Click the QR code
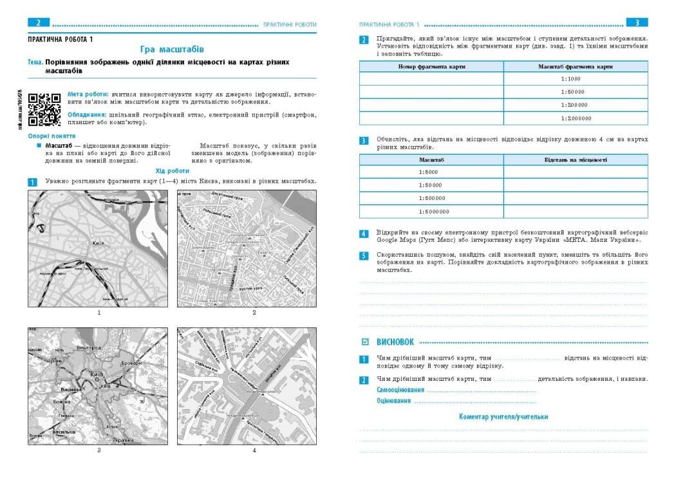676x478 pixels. click(45, 109)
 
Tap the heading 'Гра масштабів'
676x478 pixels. click(172, 49)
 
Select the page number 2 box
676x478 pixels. click(39, 23)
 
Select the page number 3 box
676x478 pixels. click(637, 23)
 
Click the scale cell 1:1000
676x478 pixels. click(576, 78)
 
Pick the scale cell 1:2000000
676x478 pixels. click(576, 118)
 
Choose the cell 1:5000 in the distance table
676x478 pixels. click(431, 172)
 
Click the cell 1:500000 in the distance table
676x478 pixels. click(431, 198)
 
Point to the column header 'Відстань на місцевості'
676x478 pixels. click(576, 159)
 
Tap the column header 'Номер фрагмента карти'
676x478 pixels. click(431, 66)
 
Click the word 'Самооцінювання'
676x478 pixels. click(400, 390)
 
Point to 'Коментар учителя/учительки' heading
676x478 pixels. click(503, 417)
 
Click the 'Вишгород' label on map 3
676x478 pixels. click(89, 347)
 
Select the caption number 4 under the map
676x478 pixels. click(254, 450)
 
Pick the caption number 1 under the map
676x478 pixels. click(99, 313)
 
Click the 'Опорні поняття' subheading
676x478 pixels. click(52, 136)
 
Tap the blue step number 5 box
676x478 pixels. click(364, 256)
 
